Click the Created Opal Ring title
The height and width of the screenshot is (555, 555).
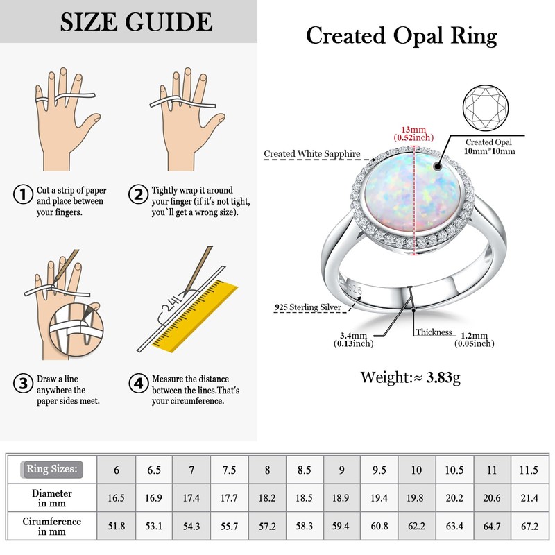(x=402, y=35)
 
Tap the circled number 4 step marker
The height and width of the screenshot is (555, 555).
(x=139, y=382)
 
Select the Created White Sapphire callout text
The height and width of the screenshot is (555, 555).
(x=311, y=154)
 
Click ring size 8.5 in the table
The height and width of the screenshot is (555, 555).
(x=305, y=470)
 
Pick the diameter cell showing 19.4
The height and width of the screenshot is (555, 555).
(x=379, y=497)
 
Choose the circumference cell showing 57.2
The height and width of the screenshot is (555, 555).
(x=266, y=526)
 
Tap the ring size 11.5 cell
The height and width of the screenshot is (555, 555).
(x=529, y=470)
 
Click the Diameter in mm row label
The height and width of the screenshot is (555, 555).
(x=52, y=497)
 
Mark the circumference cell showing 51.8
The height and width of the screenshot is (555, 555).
(x=117, y=526)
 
